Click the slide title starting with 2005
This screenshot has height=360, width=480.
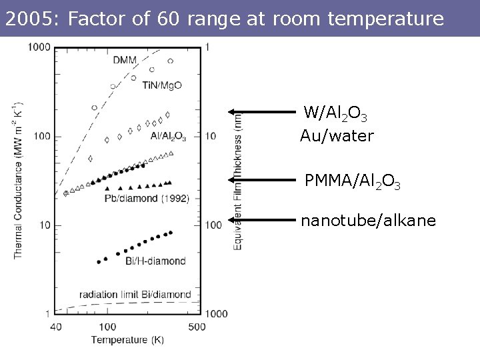point(223,19)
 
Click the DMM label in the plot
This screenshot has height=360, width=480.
point(125,60)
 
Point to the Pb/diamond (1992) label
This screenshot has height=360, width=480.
point(147,198)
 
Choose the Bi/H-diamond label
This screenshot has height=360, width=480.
point(155,261)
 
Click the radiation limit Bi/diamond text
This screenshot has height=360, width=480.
point(135,294)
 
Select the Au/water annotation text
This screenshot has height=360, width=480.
point(337,137)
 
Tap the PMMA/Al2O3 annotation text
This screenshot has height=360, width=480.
point(352,181)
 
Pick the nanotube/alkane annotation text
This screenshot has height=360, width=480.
point(368,220)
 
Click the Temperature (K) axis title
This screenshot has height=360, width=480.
point(127,340)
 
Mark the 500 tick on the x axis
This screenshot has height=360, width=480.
point(196,327)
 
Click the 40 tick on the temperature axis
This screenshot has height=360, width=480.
point(55,327)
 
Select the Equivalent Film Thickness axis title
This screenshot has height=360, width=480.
point(238,180)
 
